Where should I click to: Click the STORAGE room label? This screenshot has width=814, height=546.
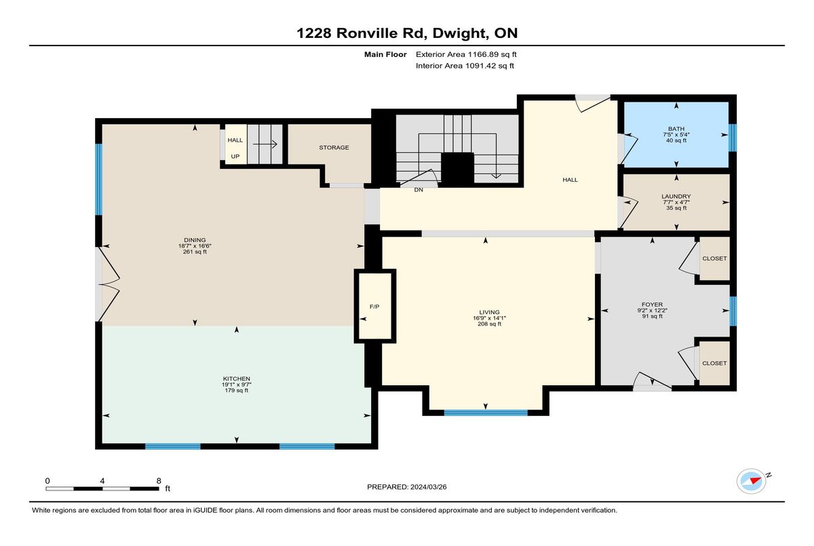point(334,147)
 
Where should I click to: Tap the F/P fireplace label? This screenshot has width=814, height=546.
point(374,307)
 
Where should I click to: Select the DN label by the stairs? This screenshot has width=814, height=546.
point(419,190)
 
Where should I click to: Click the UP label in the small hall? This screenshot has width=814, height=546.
point(235,156)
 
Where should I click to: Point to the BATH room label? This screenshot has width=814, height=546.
point(676,129)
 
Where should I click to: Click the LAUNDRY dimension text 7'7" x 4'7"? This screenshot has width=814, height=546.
point(676,202)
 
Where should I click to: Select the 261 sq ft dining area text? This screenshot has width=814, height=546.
point(195,252)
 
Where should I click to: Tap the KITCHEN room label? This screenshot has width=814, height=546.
point(237,378)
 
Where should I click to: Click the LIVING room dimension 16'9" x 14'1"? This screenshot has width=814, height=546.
point(489,318)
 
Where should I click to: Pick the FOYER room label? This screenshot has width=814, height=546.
point(653,305)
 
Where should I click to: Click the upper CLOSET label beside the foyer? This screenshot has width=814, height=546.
point(714,258)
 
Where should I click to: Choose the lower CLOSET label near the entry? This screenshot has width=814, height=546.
point(714,363)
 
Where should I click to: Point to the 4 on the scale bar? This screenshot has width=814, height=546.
point(102,481)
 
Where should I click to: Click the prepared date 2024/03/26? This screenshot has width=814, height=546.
point(429,487)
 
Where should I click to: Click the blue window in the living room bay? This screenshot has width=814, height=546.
point(486,412)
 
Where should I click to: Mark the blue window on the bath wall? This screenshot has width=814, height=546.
point(733,138)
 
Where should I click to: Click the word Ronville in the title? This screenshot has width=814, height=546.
point(381,33)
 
